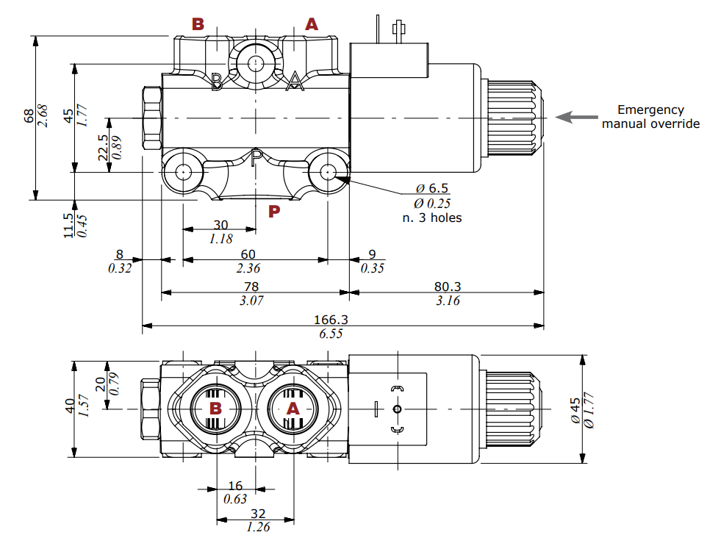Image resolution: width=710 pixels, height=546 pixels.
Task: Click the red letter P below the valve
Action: click(274, 212)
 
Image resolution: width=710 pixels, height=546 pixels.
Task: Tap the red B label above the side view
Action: click(198, 24)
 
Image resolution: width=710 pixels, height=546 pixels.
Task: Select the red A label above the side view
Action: click(312, 24)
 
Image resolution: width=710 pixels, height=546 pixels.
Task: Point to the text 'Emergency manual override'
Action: click(650, 117)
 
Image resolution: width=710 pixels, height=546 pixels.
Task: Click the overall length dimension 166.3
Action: click(330, 320)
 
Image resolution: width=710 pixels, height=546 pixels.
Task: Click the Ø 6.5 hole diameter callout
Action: click(431, 189)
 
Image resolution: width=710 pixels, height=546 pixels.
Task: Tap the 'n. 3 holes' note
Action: click(431, 218)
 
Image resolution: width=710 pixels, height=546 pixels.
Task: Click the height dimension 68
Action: click(29, 116)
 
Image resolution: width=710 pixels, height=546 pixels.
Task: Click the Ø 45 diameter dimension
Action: click(575, 409)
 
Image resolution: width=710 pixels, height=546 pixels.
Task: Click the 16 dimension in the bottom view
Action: click(235, 486)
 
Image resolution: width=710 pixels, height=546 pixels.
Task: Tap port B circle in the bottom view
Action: click(216, 409)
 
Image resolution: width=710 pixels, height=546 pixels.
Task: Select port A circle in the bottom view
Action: click(293, 409)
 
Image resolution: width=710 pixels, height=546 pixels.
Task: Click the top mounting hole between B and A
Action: click(255, 62)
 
